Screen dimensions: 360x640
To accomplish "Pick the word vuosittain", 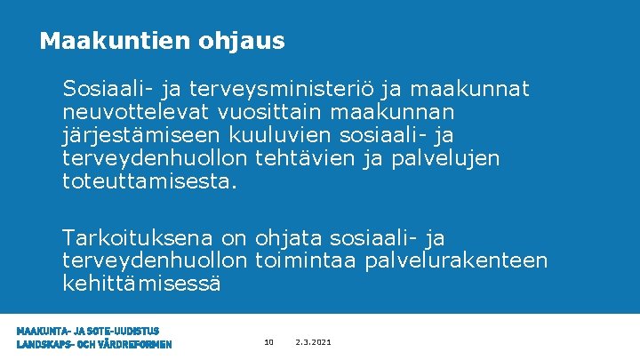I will (261, 113).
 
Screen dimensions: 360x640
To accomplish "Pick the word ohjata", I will (289, 238).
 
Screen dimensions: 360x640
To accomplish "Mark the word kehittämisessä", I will (141, 284).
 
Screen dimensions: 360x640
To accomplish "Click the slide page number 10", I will (269, 342).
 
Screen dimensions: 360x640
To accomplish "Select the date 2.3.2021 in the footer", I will (314, 342).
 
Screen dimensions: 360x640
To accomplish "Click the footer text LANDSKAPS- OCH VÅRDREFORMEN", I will (94, 345).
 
